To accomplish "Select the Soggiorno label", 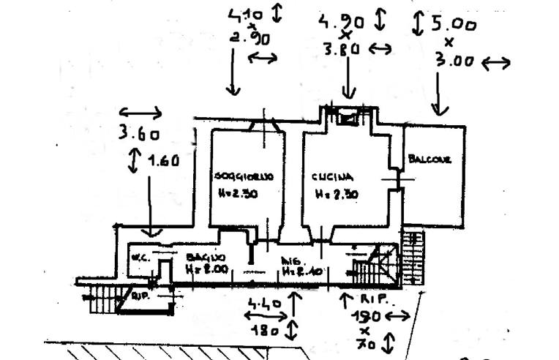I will pos(244,177).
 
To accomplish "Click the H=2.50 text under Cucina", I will pos(337,195).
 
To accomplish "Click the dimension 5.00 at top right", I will pos(454,24).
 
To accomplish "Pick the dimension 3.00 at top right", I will pos(454,62).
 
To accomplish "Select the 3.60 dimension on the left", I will pos(138,134).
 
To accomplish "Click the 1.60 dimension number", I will pos(163,162).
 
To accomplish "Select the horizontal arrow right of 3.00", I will pos(496,64).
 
